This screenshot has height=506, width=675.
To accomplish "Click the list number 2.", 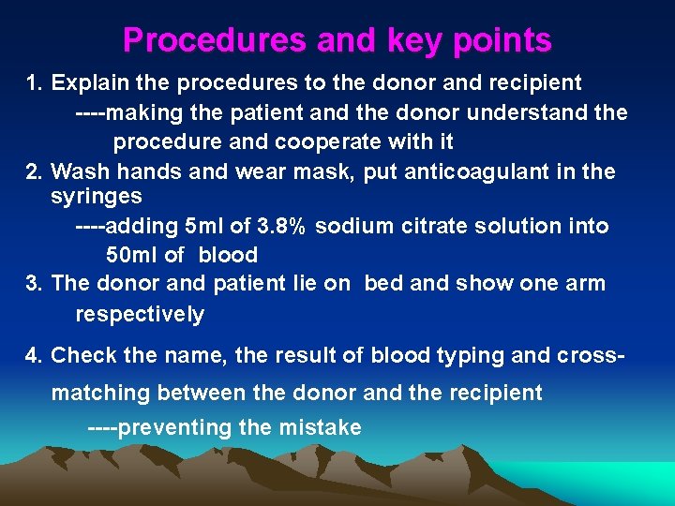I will point(35,171).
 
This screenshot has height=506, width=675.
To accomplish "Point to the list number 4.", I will point(35,355).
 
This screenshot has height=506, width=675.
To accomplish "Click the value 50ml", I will point(131,255).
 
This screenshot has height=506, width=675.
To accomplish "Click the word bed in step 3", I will point(383,283).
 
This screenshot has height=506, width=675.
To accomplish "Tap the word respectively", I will point(139,314).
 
